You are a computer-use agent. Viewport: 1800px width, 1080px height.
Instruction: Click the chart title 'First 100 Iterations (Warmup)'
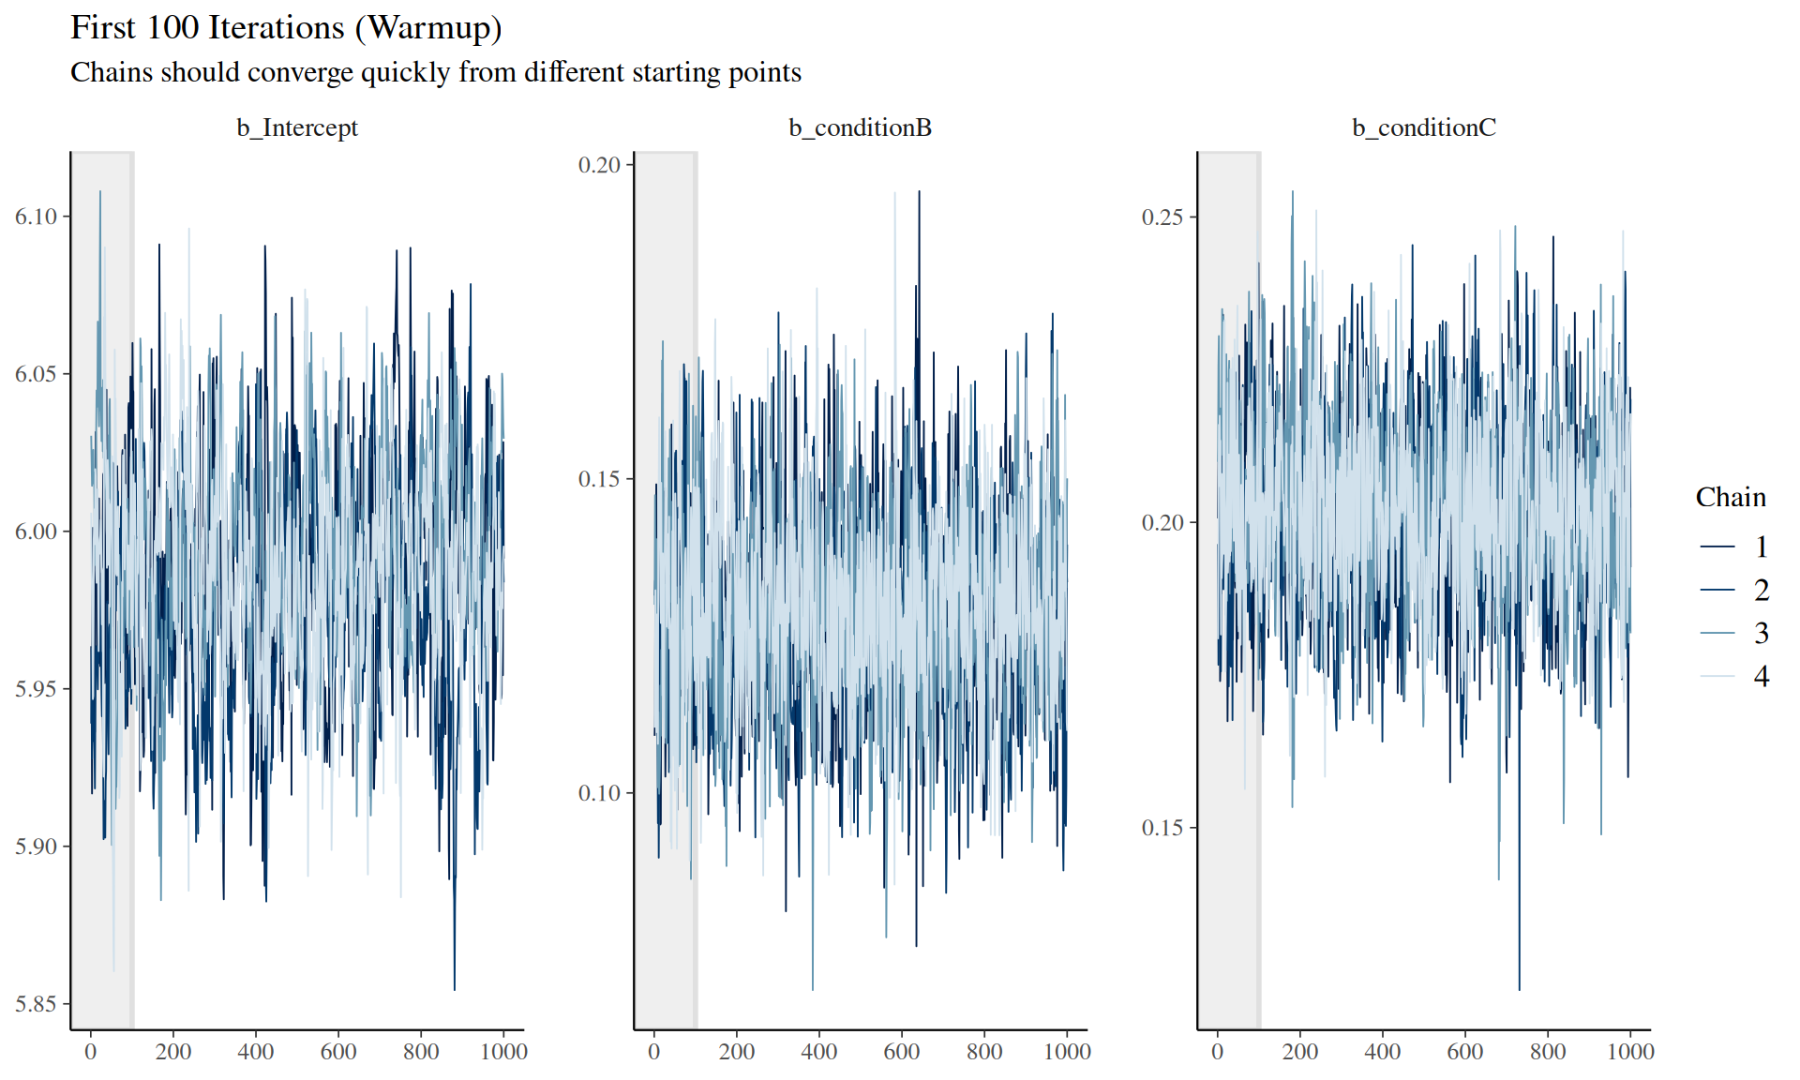(286, 28)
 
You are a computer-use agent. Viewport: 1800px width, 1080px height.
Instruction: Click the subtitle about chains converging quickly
(436, 72)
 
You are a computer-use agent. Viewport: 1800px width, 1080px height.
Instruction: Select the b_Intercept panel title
(297, 127)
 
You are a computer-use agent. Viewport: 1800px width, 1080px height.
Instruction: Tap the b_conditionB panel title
(860, 127)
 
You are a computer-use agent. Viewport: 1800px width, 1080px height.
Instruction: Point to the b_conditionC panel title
(1423, 127)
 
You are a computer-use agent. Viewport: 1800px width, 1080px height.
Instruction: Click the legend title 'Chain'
(1730, 497)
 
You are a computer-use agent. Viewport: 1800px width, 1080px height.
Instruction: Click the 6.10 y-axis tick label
(36, 217)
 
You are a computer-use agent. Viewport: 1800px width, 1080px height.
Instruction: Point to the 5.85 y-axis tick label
(36, 1004)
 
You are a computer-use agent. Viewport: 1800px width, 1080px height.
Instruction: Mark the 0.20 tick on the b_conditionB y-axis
(599, 165)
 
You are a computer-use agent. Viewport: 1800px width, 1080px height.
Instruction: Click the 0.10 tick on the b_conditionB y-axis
(599, 793)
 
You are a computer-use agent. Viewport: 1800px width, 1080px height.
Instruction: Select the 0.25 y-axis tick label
(1162, 217)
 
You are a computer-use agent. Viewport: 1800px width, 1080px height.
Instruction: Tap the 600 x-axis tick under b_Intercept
(338, 1052)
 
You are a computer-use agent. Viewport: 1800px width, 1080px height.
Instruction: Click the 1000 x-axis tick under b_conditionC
(1630, 1052)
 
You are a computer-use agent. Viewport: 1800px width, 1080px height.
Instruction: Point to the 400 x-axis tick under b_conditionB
(819, 1052)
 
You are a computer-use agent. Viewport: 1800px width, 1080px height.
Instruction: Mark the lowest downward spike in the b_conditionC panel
(1519, 986)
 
